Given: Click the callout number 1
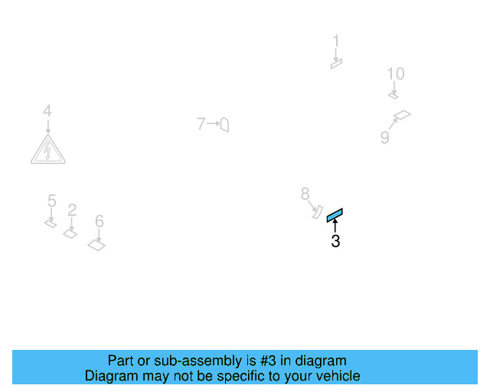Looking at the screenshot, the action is (x=335, y=41).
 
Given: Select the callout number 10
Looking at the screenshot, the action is (x=395, y=74).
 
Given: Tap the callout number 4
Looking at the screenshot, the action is (x=47, y=112).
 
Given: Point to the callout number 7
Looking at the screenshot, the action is (x=201, y=123).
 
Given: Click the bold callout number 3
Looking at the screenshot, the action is (x=335, y=242).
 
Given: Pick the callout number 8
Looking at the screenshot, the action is (x=305, y=194).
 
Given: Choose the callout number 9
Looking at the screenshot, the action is (x=385, y=137).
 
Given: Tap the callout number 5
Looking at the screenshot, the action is (x=51, y=201).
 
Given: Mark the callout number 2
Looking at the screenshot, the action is (x=72, y=210).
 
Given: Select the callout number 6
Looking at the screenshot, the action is (x=100, y=221).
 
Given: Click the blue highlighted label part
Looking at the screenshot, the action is (x=335, y=215).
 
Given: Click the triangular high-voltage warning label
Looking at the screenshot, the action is (x=47, y=150).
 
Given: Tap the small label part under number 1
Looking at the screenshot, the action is (x=335, y=64).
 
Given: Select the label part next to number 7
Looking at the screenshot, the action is (x=224, y=124).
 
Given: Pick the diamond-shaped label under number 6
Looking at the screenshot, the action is (x=97, y=245).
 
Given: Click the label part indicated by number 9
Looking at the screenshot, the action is (x=402, y=116).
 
